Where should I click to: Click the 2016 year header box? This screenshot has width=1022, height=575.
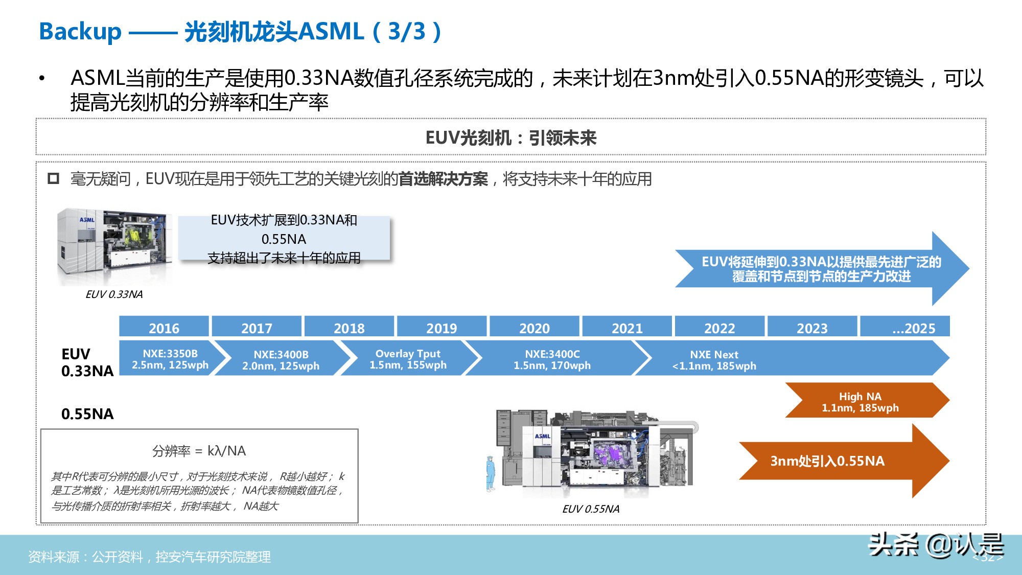(164, 327)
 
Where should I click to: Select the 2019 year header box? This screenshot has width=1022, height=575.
(442, 327)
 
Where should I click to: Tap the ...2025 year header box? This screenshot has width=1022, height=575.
(905, 327)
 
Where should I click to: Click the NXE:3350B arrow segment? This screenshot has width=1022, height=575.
(170, 359)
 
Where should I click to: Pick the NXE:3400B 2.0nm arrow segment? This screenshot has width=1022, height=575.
(281, 359)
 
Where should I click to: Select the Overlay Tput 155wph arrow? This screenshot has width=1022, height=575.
(408, 359)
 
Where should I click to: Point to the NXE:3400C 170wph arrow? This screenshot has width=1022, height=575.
(552, 359)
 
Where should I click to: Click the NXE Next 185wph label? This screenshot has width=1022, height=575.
(714, 360)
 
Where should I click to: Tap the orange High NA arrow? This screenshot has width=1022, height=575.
(861, 401)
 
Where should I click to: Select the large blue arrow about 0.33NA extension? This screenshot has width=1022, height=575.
(821, 269)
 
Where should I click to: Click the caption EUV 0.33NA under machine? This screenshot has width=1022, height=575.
(114, 294)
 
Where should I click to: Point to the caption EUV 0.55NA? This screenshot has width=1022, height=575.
(591, 509)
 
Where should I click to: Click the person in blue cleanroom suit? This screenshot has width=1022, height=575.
(491, 473)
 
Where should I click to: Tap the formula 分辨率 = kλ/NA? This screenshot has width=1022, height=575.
(199, 451)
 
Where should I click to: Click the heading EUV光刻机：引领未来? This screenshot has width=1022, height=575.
(510, 137)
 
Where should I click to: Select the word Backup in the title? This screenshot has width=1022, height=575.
(80, 32)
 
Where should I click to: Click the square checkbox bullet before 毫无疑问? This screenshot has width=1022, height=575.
(53, 179)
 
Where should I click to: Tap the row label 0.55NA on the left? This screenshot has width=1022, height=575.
(87, 413)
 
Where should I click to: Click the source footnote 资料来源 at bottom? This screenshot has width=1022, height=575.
(149, 557)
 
